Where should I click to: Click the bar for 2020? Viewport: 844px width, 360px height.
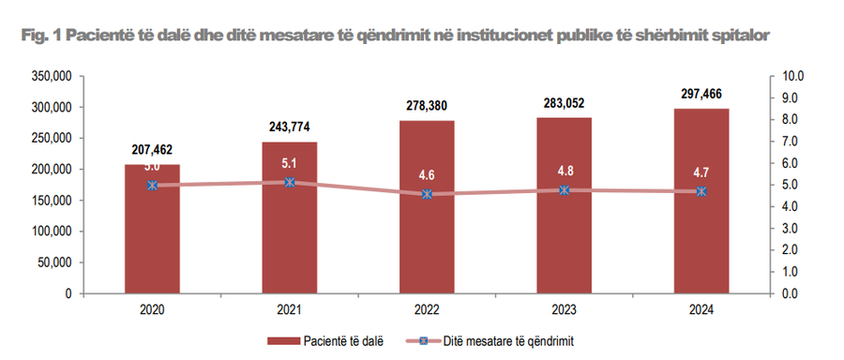152,234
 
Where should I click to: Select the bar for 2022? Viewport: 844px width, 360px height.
427,234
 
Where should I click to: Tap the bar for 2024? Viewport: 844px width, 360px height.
701,234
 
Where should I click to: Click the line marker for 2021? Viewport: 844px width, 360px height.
290,182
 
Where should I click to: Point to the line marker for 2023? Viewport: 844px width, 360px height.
565,190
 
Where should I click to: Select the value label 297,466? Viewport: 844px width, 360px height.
701,94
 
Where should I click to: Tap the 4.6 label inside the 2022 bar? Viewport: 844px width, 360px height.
427,175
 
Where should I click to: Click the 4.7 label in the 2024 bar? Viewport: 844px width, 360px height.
701,172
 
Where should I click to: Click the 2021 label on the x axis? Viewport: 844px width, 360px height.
290,308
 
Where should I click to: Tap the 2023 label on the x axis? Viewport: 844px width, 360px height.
565,308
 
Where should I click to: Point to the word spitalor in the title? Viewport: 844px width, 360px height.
740,35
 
